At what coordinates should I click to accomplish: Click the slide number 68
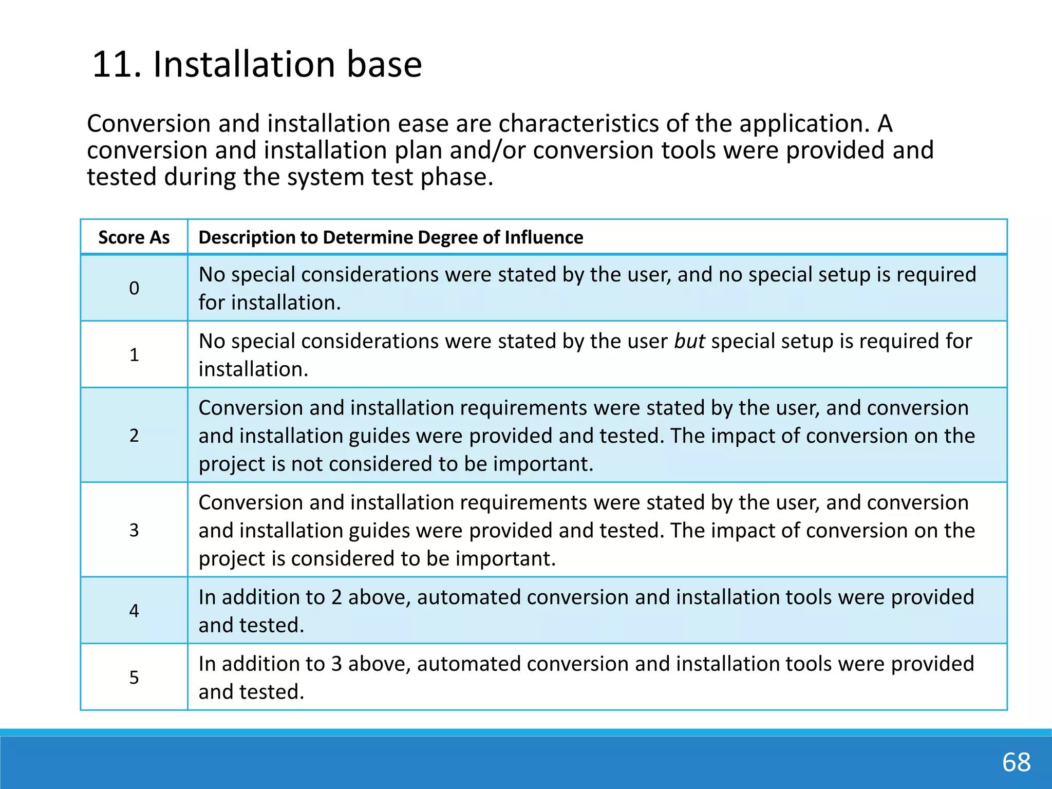click(1016, 762)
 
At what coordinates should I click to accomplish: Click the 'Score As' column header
click(134, 237)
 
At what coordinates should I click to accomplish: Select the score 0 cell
click(134, 288)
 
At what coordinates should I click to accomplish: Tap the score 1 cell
click(134, 355)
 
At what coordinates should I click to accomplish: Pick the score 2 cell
click(134, 436)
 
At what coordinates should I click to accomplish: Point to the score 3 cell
click(134, 530)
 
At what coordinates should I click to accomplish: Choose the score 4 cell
click(134, 611)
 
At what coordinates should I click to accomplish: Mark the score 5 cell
click(134, 678)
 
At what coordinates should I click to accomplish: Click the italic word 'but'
click(689, 341)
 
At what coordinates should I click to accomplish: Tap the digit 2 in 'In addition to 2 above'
click(336, 597)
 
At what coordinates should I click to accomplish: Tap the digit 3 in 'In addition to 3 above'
click(336, 664)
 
